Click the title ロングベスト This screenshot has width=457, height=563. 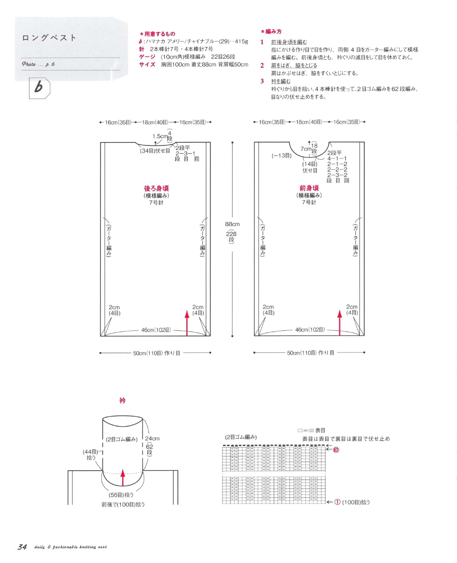click(x=49, y=38)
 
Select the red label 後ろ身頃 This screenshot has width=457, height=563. click(x=156, y=188)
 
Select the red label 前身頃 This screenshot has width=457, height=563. click(x=309, y=188)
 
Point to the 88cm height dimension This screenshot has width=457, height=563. click(x=232, y=224)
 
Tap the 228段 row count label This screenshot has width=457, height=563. click(x=231, y=237)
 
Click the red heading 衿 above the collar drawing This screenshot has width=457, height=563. click(x=122, y=401)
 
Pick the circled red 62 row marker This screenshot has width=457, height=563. click(x=336, y=450)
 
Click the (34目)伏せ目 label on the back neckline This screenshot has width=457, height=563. click(x=155, y=151)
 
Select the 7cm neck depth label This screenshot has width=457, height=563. click(x=306, y=149)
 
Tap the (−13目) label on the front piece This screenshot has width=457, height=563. click(x=282, y=156)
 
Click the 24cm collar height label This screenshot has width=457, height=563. click(x=152, y=439)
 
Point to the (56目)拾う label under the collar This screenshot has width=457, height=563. click(x=121, y=495)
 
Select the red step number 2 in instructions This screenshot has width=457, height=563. click(x=262, y=65)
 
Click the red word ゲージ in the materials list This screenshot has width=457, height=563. click(x=147, y=57)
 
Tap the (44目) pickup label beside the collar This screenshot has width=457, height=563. click(x=91, y=452)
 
